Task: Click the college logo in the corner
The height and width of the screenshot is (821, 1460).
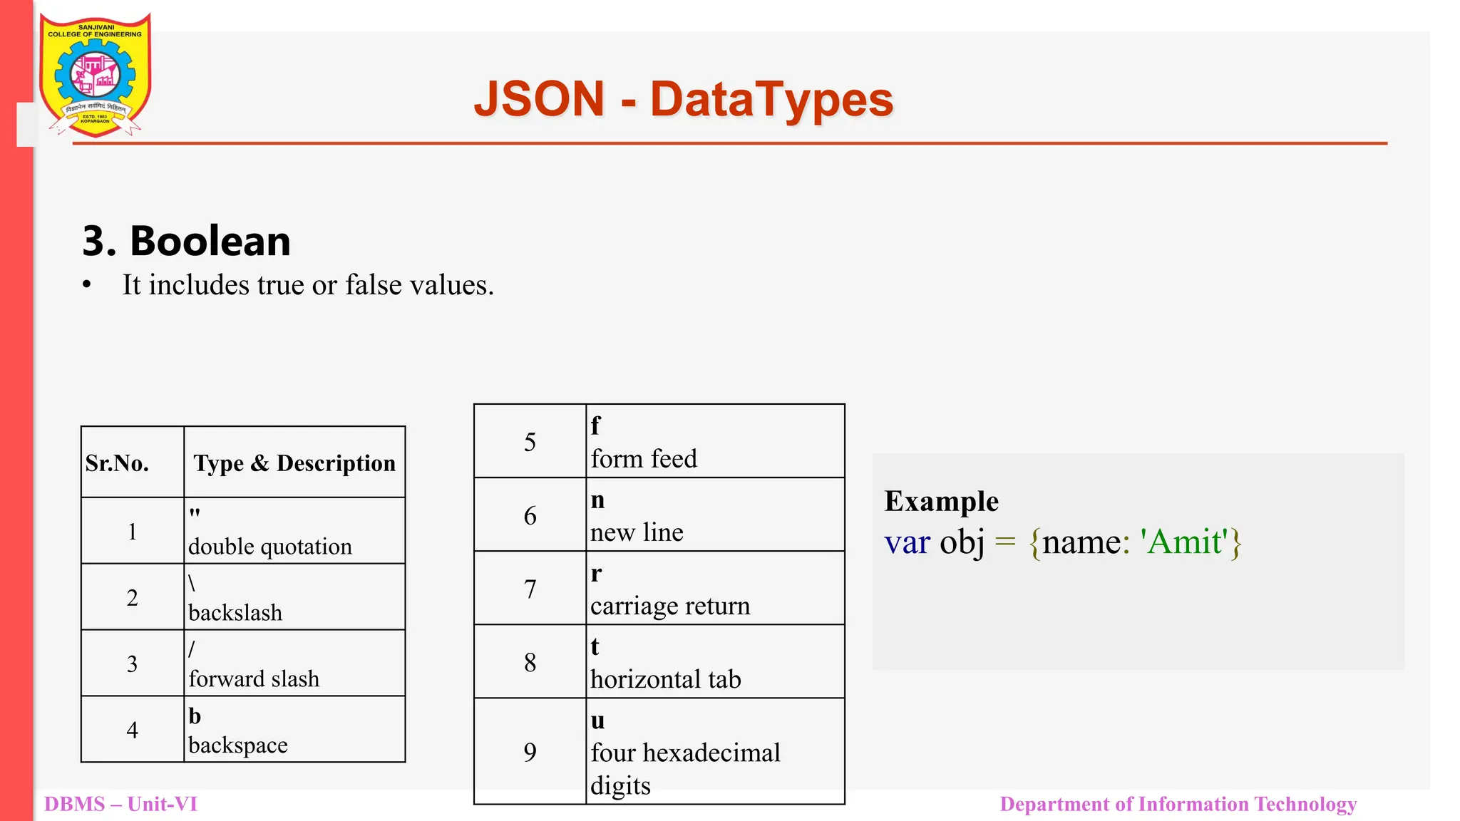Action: click(95, 75)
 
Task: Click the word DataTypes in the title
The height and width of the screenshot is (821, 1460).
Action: click(771, 99)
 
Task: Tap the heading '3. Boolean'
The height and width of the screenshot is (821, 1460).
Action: click(187, 241)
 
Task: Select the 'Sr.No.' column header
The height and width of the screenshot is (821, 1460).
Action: click(117, 463)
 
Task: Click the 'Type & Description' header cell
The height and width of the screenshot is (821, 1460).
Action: click(294, 463)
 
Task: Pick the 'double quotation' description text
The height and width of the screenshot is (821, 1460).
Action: click(270, 547)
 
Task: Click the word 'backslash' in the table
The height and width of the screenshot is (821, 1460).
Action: click(235, 613)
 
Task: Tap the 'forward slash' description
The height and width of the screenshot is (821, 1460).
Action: click(254, 679)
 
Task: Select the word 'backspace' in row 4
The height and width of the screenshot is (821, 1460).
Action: click(238, 745)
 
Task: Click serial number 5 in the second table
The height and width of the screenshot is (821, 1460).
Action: click(530, 442)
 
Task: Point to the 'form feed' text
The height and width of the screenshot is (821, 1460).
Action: click(644, 459)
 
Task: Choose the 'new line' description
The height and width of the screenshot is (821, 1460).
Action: click(637, 532)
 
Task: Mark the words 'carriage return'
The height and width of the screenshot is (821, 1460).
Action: click(670, 606)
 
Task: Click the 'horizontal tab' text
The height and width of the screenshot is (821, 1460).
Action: click(666, 679)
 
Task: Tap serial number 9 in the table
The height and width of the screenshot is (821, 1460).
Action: click(530, 752)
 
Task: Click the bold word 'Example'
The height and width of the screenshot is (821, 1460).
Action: click(941, 501)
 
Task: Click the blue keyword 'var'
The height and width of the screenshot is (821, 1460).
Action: click(907, 542)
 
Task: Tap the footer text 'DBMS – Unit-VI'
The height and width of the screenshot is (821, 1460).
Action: click(120, 804)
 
